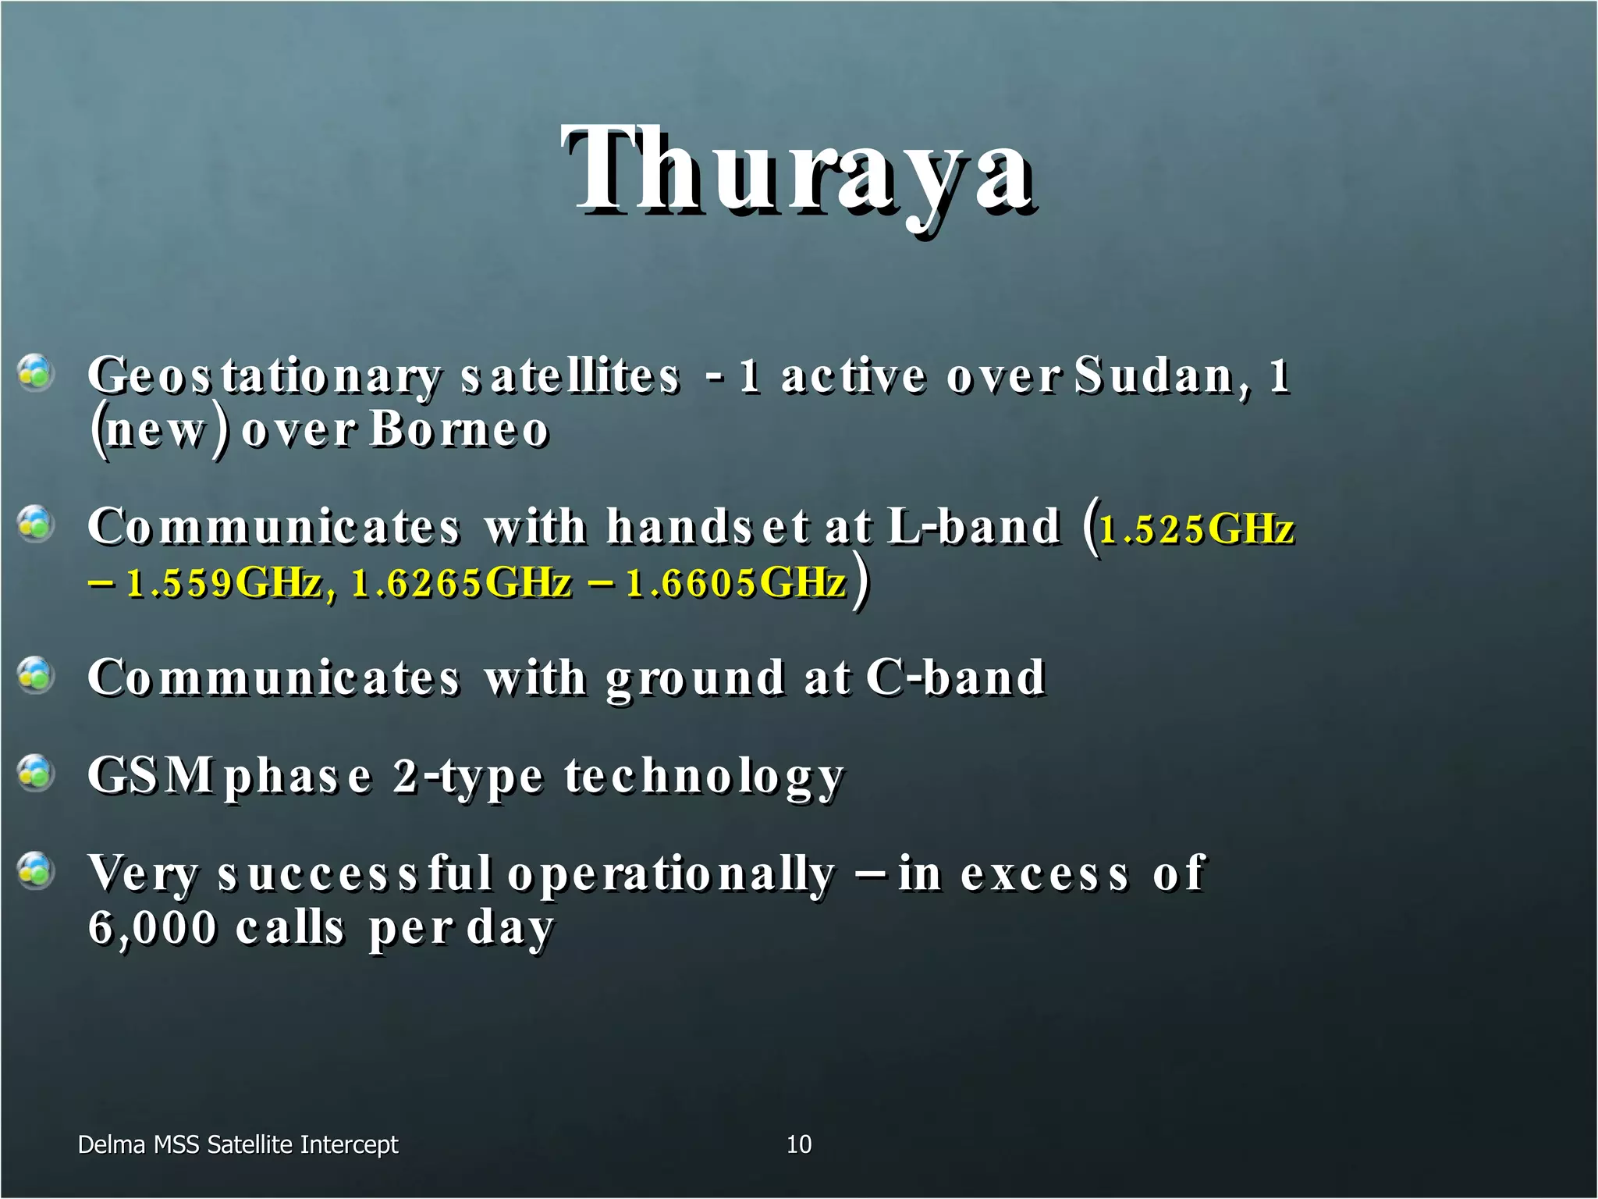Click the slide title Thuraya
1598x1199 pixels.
click(x=797, y=172)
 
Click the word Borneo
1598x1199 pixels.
click(x=460, y=430)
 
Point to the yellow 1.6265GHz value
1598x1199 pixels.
click(x=461, y=583)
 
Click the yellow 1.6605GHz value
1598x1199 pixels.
click(x=736, y=583)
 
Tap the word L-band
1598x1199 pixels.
click(x=973, y=526)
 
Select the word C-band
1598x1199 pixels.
click(x=955, y=677)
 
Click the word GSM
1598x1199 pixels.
click(x=151, y=776)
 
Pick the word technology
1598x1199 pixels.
click(x=704, y=777)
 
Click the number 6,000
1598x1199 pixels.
click(x=152, y=928)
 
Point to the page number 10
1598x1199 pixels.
click(x=798, y=1144)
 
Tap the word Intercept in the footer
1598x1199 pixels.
click(x=349, y=1144)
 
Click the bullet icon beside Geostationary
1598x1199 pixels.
click(x=35, y=373)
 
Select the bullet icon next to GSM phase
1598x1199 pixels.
click(x=35, y=773)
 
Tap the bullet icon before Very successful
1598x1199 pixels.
click(x=35, y=870)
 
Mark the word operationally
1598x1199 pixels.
click(x=671, y=874)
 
